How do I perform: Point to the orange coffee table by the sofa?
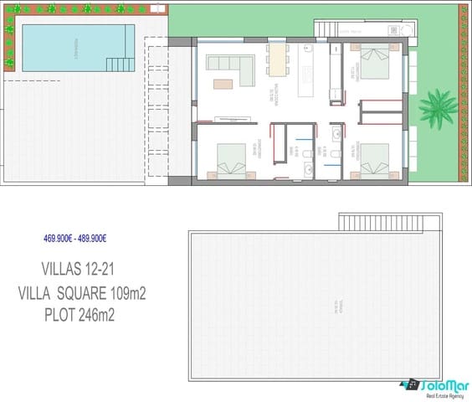click(223, 84)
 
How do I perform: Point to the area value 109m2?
click(136, 293)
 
